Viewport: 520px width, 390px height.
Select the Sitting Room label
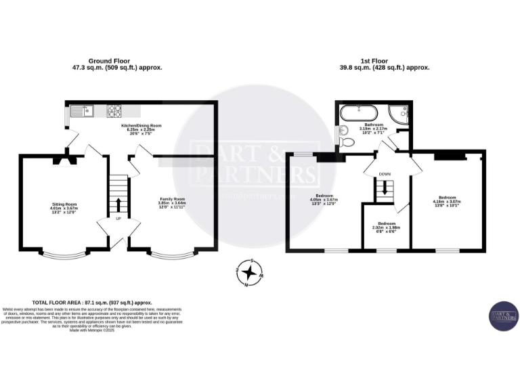(65, 207)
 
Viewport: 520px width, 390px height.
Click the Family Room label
(172, 202)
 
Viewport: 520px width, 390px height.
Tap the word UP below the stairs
(118, 219)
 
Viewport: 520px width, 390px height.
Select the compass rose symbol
(250, 272)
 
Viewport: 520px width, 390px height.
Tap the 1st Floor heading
(384, 64)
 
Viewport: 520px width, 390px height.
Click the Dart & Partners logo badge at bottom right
(503, 315)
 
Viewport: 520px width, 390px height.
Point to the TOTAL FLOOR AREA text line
(92, 303)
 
